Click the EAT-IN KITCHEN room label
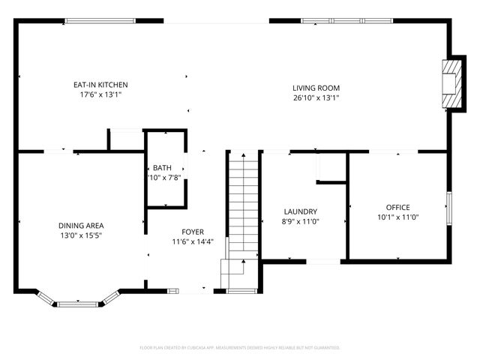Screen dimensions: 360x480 point(101,85)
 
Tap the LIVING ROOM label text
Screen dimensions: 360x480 point(316,88)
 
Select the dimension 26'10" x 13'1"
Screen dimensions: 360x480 point(316,97)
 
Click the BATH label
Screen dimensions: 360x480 point(162,167)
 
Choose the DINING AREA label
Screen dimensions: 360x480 point(81,226)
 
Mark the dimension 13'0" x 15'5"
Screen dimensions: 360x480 point(81,235)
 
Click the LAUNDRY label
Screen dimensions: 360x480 point(300,212)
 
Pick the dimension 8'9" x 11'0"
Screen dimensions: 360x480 point(300,222)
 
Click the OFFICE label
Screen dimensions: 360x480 point(397,207)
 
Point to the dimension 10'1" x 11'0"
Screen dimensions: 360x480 point(397,217)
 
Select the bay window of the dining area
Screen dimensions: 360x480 point(78,302)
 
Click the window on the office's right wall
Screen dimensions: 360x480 point(448,207)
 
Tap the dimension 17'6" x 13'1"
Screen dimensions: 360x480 point(101,94)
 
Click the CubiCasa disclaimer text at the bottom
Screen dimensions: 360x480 point(240,348)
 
